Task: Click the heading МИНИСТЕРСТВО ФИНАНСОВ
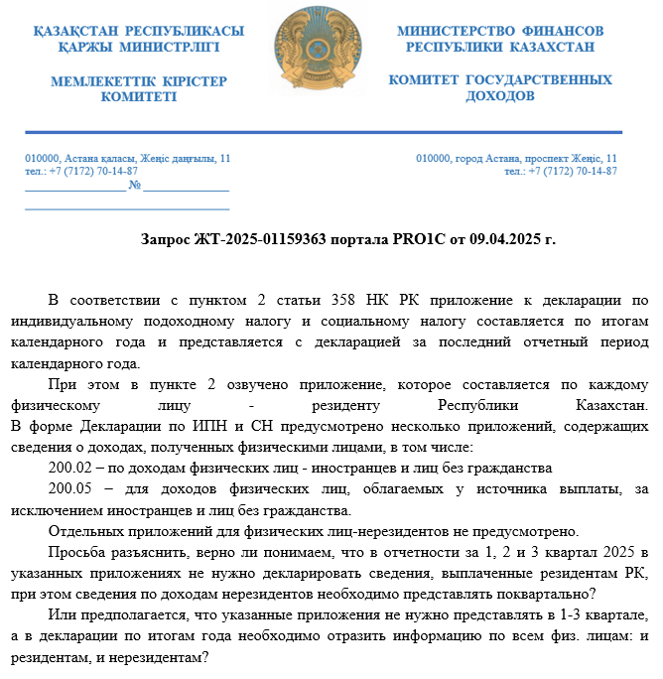pyautogui.click(x=500, y=31)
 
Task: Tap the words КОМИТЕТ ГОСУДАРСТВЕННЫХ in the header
pyautogui.click(x=500, y=79)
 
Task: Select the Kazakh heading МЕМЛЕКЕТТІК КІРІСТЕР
pyautogui.click(x=139, y=79)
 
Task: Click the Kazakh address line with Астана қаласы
pyautogui.click(x=128, y=158)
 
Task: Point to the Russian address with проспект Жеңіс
pyautogui.click(x=516, y=158)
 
